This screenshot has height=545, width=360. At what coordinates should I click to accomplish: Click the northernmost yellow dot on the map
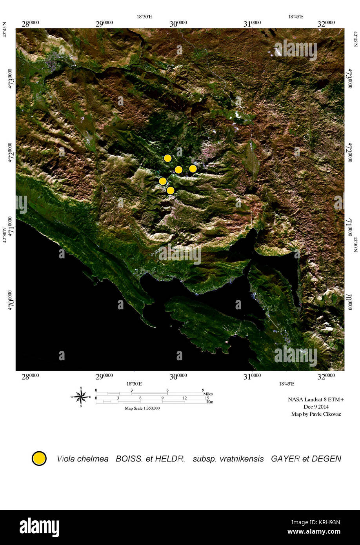(167, 158)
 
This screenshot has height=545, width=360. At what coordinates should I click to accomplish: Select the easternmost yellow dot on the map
(193, 169)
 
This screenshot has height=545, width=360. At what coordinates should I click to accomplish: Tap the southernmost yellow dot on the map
(170, 191)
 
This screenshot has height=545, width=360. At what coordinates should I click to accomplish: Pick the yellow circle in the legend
(39, 458)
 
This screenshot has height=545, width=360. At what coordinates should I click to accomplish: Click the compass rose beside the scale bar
(81, 397)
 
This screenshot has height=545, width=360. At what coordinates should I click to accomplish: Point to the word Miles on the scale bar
(208, 394)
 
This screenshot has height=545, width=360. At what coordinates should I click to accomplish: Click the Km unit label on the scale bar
(210, 402)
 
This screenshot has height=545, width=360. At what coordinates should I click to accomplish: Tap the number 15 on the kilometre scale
(207, 398)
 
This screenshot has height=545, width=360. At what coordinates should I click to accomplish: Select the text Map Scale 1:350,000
(142, 408)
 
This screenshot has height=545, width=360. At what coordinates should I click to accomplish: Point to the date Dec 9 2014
(316, 407)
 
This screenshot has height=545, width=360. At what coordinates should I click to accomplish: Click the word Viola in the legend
(65, 459)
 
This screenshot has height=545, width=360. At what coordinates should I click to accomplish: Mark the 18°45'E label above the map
(296, 17)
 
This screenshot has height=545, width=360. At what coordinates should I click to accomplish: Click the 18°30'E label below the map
(134, 384)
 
